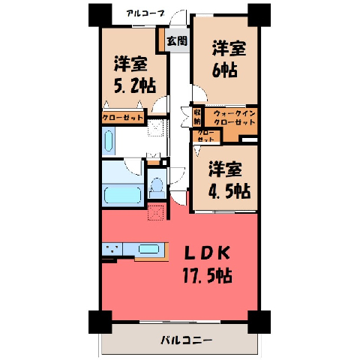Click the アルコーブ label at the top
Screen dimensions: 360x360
coord(145,13)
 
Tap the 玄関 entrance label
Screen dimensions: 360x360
coord(177,40)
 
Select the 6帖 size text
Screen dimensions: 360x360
coord(224,70)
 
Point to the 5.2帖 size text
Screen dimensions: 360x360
coord(135,85)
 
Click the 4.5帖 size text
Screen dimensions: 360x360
coord(229,191)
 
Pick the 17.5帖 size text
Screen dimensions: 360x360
coord(207,275)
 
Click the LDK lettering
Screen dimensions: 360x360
coord(206,253)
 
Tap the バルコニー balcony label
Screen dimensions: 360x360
coord(186,340)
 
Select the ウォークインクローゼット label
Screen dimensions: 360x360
coord(235,118)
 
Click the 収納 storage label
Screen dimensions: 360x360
coord(197,117)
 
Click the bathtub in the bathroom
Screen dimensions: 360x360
coord(122,195)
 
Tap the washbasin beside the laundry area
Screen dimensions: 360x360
coord(108,141)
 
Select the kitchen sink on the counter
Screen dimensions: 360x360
coord(148,249)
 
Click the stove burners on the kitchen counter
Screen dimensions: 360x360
coord(112,249)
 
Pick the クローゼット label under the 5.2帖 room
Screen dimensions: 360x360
coord(122,118)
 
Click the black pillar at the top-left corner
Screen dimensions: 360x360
coord(100,15)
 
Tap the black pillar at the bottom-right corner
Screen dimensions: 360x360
coord(259,322)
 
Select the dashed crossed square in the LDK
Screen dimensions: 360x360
coord(155,212)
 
